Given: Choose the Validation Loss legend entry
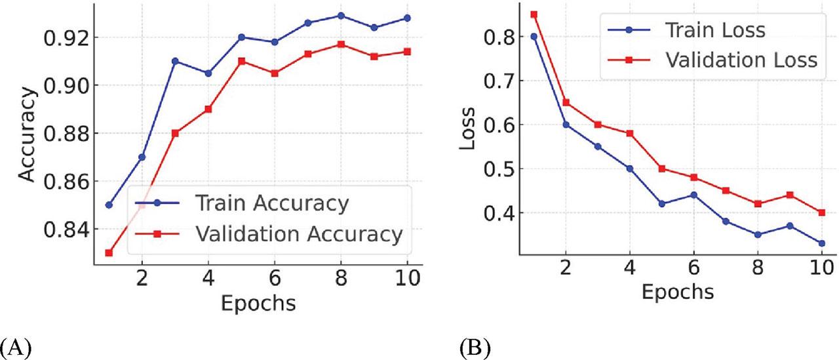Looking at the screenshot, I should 740,60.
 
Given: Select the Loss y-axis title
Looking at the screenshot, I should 467,131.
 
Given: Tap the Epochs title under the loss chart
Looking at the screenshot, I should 676,290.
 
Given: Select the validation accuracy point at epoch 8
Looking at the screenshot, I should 341,44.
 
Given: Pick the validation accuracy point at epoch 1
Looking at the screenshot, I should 109,252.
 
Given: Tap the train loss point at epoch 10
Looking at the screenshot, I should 821,243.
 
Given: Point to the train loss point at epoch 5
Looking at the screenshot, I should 662,204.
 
